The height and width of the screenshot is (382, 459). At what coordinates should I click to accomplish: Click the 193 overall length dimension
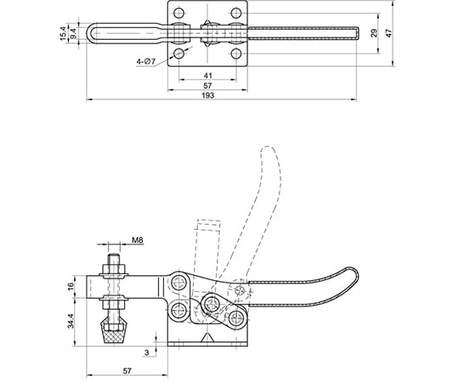pos(207,96)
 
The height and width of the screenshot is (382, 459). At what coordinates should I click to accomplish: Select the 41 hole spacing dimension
pos(207,76)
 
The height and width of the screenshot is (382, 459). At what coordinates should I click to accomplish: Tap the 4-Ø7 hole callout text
pos(146,62)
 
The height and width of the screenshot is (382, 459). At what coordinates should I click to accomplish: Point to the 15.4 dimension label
pos(63,33)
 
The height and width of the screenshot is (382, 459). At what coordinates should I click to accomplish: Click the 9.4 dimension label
pos(73,33)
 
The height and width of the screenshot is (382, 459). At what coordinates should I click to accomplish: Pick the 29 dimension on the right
pos(374,33)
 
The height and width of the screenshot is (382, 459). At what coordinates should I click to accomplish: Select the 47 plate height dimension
pos(388,33)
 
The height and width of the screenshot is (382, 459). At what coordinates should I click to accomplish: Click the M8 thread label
pos(138,240)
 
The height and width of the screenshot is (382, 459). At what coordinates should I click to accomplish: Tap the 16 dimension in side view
pos(71,287)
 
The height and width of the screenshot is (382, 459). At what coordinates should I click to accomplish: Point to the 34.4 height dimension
pos(71,321)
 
